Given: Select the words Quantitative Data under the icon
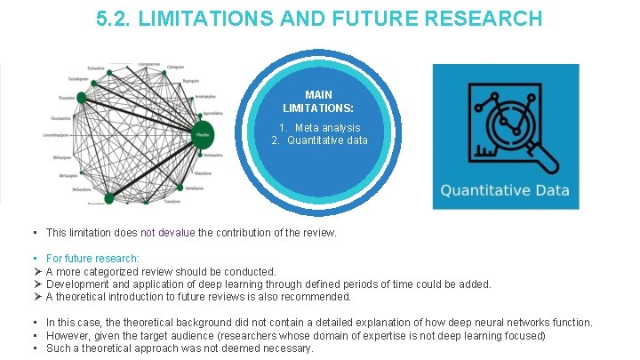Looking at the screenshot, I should coord(505,191).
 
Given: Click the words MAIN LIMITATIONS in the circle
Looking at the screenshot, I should coord(319,100).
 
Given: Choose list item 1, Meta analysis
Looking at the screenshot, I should coord(321,128).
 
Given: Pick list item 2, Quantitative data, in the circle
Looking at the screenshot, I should coord(319,140).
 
